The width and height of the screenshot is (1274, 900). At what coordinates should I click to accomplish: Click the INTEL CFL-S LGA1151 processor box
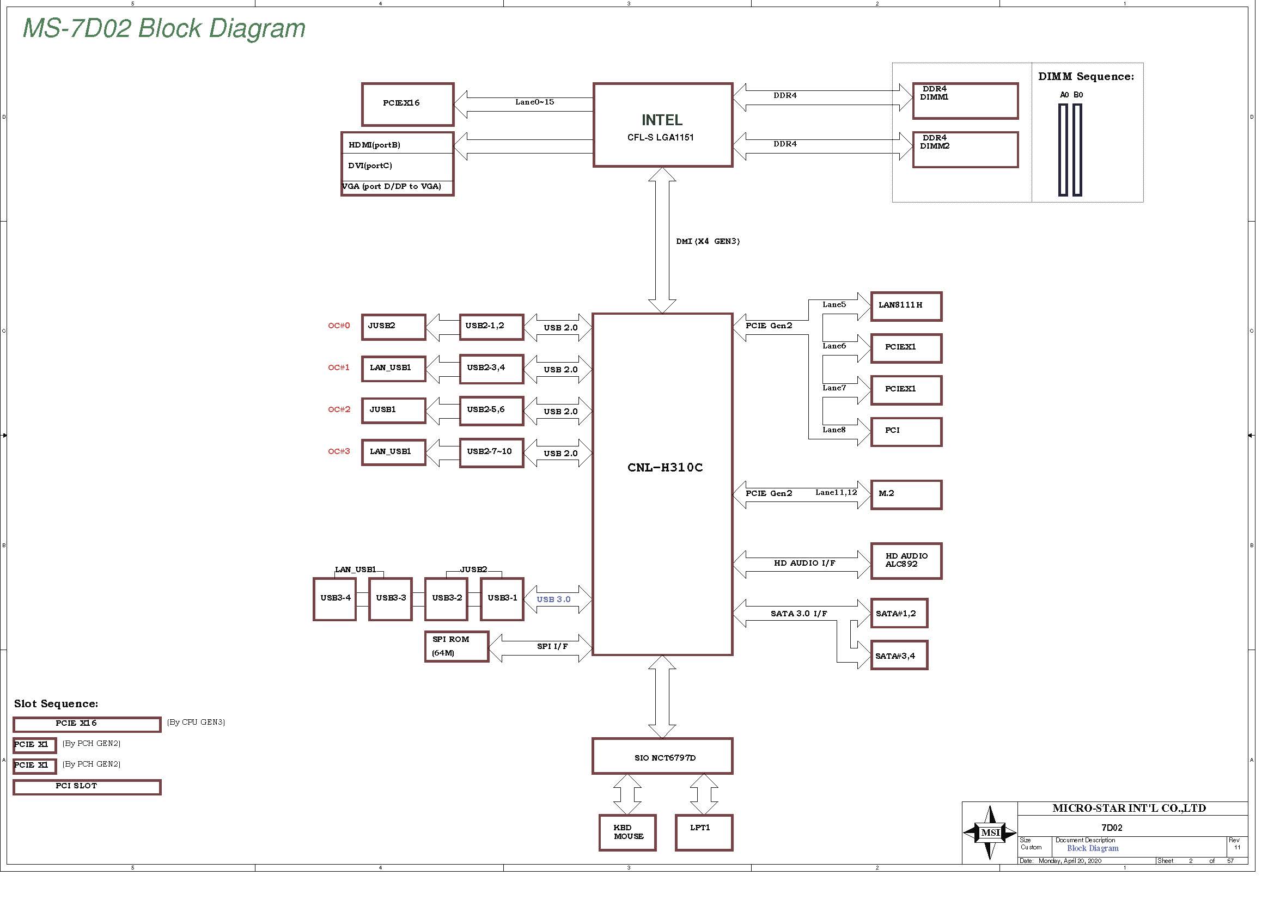pos(662,125)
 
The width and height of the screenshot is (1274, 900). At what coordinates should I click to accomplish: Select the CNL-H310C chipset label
pos(665,468)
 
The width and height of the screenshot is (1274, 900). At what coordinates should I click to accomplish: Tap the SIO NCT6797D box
pos(662,756)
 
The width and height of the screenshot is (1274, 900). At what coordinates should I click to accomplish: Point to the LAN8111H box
pos(906,306)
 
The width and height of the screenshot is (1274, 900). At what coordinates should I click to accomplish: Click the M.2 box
pos(906,494)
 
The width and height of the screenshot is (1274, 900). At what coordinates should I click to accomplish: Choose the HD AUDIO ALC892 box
pos(906,561)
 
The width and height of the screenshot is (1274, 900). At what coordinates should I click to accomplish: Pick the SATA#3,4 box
pos(899,656)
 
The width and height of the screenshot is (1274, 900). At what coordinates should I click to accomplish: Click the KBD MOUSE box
pos(627,832)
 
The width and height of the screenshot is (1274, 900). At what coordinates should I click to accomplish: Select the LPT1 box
pos(704,832)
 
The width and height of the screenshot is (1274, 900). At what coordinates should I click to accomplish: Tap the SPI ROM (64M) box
pos(456,647)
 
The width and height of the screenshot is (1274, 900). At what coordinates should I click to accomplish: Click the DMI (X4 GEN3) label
pos(708,241)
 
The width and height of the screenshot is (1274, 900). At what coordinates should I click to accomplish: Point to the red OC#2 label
pos(339,410)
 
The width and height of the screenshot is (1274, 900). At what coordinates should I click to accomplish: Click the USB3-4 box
pos(334,599)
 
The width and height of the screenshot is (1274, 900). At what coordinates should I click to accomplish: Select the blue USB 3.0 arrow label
pos(553,599)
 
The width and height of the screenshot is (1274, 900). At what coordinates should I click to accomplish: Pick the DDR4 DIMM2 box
pos(965,149)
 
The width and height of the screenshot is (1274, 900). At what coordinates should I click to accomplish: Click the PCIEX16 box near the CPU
pos(407,104)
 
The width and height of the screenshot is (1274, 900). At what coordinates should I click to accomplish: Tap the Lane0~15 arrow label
pos(534,102)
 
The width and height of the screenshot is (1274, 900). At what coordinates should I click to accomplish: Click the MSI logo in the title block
pos(990,832)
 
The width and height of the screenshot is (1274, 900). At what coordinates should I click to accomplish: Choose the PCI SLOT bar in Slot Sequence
pos(87,787)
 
